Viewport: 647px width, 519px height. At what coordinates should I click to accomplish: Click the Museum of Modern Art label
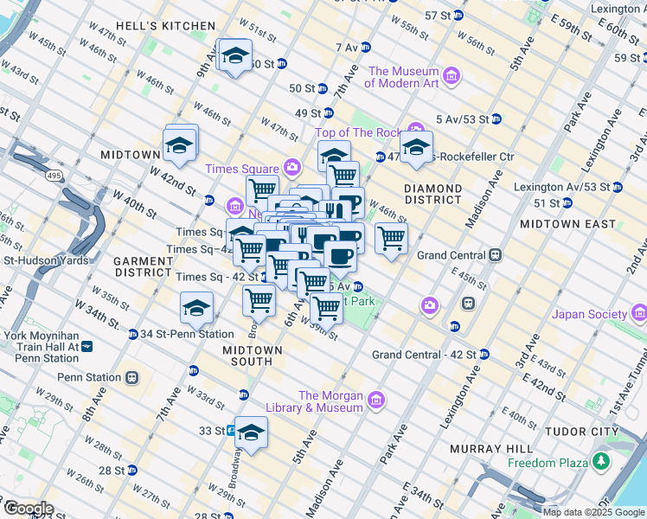pos(402,77)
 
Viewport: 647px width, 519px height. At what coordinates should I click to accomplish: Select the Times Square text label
pos(241,168)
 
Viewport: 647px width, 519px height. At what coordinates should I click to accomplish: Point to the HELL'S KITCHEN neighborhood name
pos(143,28)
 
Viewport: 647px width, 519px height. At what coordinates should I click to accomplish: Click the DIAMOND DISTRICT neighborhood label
pos(432,194)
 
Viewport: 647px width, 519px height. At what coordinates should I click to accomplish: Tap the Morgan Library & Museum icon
pos(375,400)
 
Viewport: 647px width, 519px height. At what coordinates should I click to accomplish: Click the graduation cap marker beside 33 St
pos(252,432)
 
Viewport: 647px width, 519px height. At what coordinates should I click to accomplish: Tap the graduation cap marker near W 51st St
pos(234,56)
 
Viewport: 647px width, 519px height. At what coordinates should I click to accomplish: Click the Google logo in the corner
pos(28,509)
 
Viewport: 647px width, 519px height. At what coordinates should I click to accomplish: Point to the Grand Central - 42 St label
pos(424,355)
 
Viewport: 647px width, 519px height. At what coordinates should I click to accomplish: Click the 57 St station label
pos(438,16)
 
